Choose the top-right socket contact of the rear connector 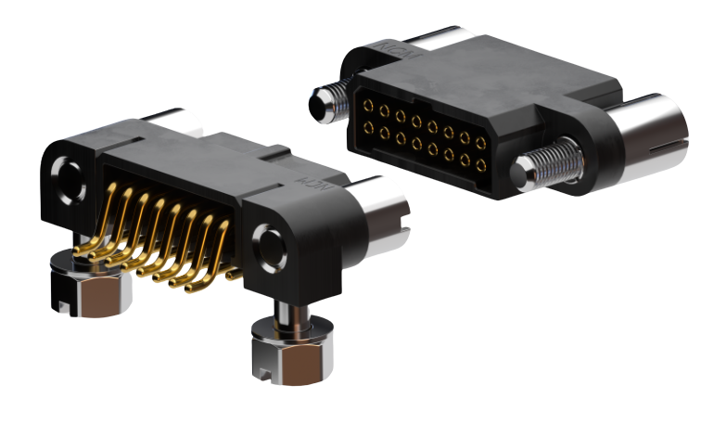pyautogui.click(x=481, y=144)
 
